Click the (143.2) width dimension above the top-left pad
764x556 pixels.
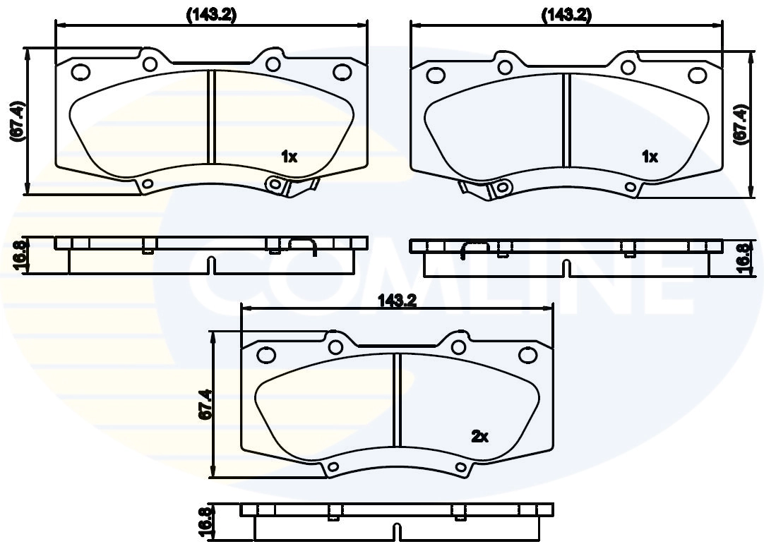pyautogui.click(x=211, y=15)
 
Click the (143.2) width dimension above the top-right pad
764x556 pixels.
pyautogui.click(x=566, y=15)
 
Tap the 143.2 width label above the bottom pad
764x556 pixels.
pyautogui.click(x=398, y=300)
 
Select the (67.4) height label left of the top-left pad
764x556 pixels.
pyautogui.click(x=18, y=122)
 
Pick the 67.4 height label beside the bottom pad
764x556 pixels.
pyautogui.click(x=204, y=406)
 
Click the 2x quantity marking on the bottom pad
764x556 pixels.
pyautogui.click(x=479, y=437)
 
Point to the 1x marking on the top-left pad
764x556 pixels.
pyautogui.click(x=289, y=157)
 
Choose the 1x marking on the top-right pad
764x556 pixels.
pyautogui.click(x=650, y=157)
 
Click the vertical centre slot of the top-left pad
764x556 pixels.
pyautogui.click(x=210, y=117)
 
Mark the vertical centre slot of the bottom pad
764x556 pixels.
pyautogui.click(x=397, y=399)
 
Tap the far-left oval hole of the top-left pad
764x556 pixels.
pyautogui.click(x=80, y=71)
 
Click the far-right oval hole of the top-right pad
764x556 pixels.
pyautogui.click(x=698, y=73)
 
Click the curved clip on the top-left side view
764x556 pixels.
pyautogui.click(x=304, y=243)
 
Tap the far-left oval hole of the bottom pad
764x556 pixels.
pyautogui.click(x=266, y=354)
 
